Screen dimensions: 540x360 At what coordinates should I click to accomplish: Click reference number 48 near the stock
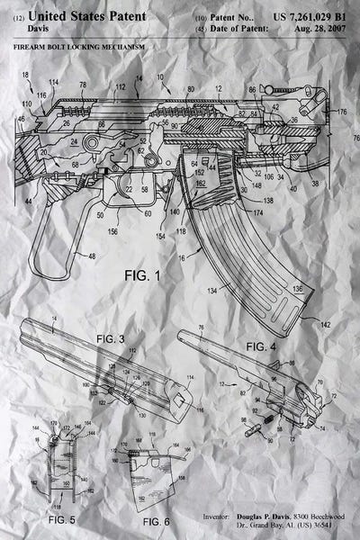91,256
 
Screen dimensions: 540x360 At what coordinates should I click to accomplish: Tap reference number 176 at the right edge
341,112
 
